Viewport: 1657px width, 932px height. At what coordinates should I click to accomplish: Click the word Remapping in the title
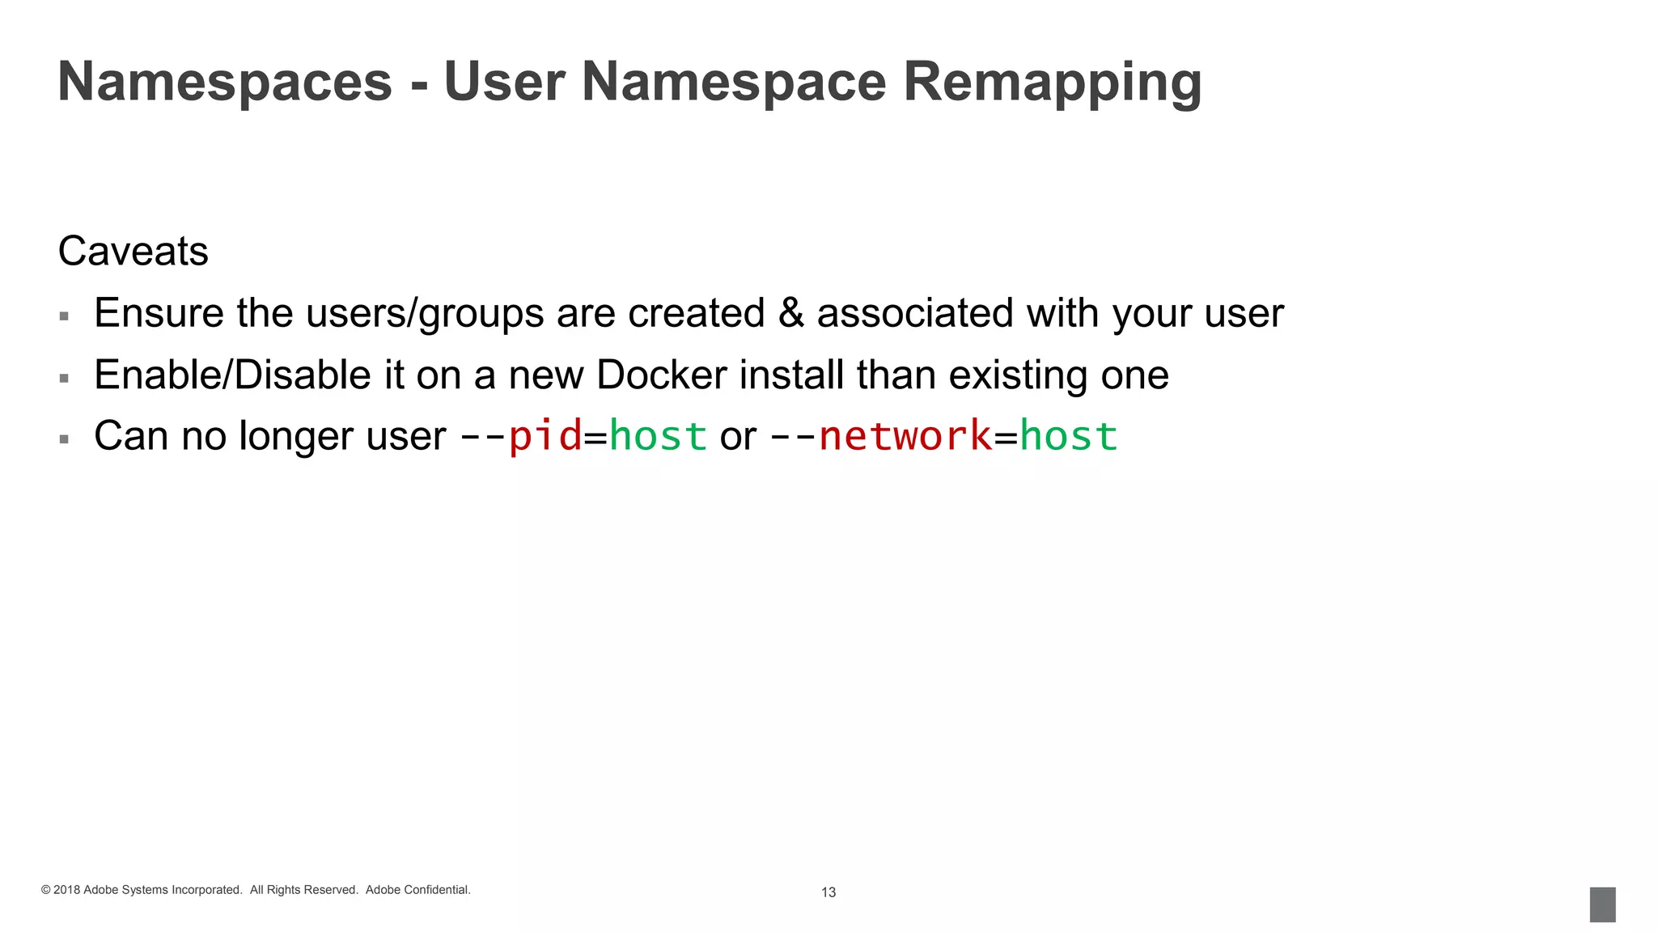pos(1052,83)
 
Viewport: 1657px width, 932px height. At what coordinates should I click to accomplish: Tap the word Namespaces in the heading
pos(225,83)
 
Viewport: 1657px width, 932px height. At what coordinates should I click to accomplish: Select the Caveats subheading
pos(133,251)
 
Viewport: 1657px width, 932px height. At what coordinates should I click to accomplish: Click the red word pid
pos(545,436)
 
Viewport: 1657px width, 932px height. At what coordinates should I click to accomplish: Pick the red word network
pos(905,436)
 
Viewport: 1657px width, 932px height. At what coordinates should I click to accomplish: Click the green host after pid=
pos(658,436)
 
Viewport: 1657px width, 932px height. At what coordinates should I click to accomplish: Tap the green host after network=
pos(1069,436)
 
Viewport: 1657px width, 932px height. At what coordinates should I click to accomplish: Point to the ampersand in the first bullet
pos(791,313)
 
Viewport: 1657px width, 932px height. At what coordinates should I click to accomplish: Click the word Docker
pos(662,375)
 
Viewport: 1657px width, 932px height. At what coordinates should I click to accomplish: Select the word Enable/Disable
pos(232,375)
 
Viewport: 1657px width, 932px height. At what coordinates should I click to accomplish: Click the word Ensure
pos(159,313)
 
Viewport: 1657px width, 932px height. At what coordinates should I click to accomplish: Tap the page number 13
pos(828,892)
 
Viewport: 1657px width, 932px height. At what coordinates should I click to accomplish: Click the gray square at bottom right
pos(1602,904)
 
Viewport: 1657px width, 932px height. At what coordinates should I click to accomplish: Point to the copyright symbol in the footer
pos(46,890)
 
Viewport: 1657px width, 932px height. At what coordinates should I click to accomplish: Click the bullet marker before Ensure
pos(64,316)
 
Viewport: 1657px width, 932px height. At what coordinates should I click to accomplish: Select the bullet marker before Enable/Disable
pos(64,378)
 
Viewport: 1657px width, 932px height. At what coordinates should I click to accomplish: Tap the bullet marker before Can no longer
pos(64,439)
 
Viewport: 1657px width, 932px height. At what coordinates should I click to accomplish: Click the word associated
pos(914,313)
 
